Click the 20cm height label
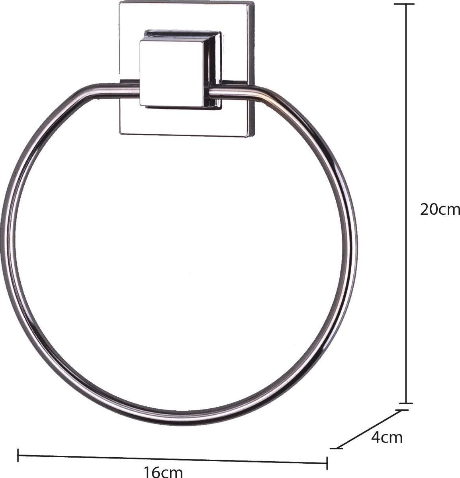(440, 210)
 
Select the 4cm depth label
(387, 437)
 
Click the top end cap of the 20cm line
(406, 4)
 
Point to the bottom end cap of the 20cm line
(406, 403)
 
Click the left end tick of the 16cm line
(18, 455)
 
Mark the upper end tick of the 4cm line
(402, 410)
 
